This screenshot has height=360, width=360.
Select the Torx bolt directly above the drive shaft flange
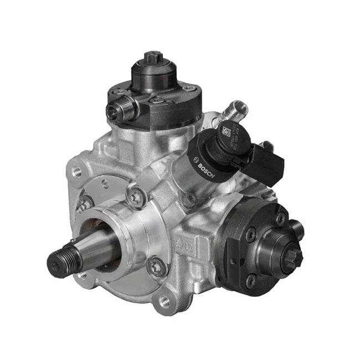135,193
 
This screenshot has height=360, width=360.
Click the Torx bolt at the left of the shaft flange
85,204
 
